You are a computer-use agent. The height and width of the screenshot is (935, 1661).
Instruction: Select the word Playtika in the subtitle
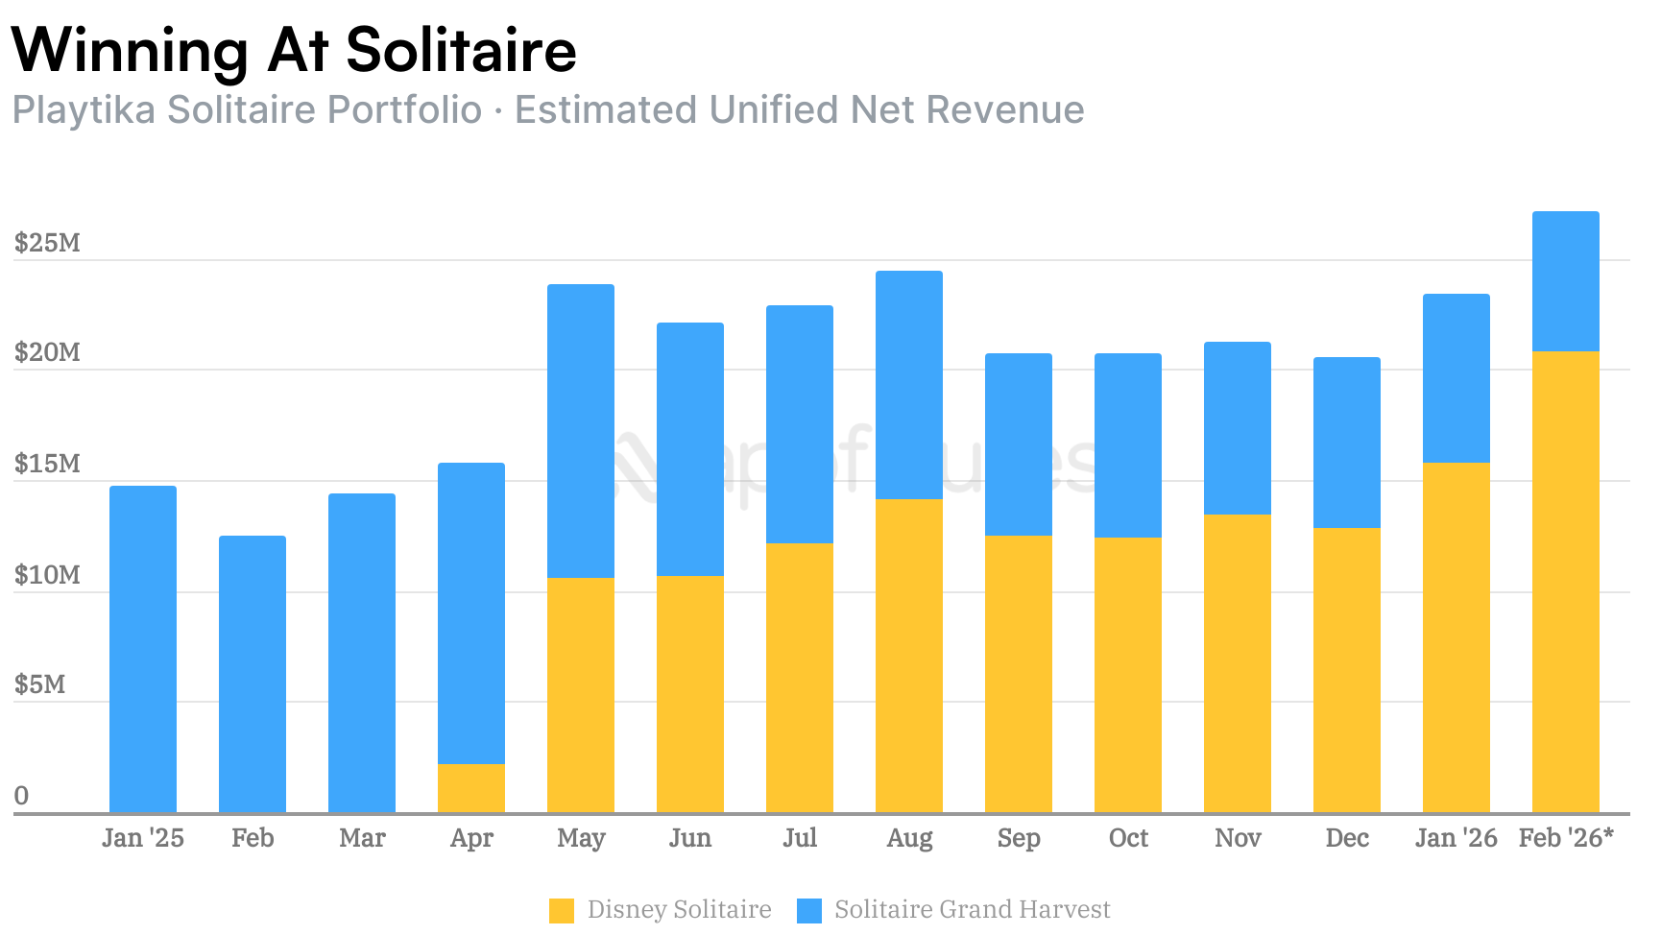point(84,109)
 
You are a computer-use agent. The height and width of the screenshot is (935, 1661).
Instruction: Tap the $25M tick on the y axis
point(47,243)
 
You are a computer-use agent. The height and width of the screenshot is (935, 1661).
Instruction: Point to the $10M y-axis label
point(47,575)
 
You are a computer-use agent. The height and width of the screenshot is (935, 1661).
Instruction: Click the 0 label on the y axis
point(21,796)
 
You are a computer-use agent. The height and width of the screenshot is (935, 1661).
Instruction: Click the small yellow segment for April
point(471,789)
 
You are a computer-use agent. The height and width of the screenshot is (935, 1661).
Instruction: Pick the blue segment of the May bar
point(581,431)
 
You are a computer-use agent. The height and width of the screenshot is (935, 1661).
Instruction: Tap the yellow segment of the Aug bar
point(909,656)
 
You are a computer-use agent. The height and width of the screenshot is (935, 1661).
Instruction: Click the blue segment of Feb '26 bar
point(1566,281)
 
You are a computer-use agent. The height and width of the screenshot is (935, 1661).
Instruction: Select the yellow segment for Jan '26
point(1456,638)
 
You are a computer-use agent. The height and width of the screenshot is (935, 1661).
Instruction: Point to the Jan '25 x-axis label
point(143,838)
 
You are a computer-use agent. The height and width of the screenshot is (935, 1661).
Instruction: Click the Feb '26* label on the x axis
point(1566,838)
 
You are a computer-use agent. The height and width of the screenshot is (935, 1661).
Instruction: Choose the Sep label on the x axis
point(1019,838)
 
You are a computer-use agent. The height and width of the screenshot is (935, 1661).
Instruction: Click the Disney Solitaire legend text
point(679,909)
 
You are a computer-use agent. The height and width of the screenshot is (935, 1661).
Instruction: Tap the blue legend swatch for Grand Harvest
point(809,910)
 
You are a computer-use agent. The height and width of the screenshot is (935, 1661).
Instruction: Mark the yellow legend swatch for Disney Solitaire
point(562,910)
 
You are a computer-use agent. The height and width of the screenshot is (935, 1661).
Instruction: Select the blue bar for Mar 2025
point(362,653)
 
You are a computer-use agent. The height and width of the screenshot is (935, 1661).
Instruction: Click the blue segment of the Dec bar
point(1347,443)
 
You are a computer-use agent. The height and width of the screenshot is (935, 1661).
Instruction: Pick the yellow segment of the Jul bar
point(800,678)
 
